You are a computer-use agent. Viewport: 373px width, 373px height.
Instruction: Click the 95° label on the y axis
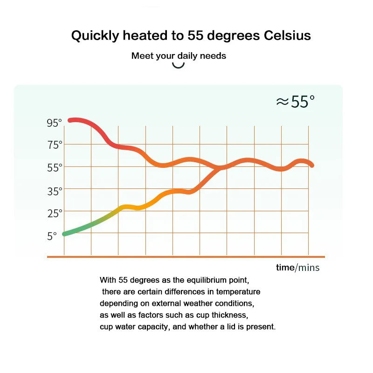point(54,123)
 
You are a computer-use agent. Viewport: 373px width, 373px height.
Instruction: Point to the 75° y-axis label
point(54,145)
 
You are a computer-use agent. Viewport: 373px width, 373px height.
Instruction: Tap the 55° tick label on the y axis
point(54,167)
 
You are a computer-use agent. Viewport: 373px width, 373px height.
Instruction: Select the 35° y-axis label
point(54,191)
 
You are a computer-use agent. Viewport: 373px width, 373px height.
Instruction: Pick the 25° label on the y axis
point(54,214)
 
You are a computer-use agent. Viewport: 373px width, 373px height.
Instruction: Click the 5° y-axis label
point(52,236)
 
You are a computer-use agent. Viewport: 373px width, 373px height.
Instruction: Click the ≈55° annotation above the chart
point(295,102)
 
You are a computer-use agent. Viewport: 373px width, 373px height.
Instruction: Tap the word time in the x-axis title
point(284,267)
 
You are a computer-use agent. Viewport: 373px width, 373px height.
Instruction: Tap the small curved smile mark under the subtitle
point(179,65)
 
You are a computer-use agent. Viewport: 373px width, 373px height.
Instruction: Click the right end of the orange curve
point(311,165)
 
